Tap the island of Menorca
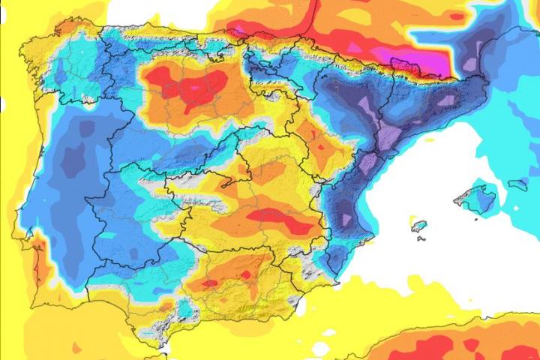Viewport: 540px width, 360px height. (517, 184)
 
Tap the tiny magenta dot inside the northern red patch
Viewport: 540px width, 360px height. (196, 88)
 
